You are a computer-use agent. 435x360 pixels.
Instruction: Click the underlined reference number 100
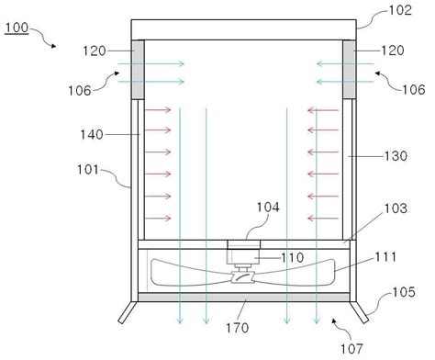click(17, 28)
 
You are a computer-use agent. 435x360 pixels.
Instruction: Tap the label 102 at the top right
click(400, 10)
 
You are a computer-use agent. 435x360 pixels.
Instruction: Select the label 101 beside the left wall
click(88, 169)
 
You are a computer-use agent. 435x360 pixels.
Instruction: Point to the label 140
click(92, 135)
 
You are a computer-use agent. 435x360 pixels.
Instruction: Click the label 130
click(396, 156)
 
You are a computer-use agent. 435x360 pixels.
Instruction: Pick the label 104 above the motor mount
click(268, 208)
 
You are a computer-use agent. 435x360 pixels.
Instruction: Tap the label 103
click(396, 208)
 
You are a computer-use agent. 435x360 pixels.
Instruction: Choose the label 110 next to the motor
click(293, 258)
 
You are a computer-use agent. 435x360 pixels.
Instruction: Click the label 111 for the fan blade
click(385, 257)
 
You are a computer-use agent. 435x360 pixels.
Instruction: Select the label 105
click(404, 292)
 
